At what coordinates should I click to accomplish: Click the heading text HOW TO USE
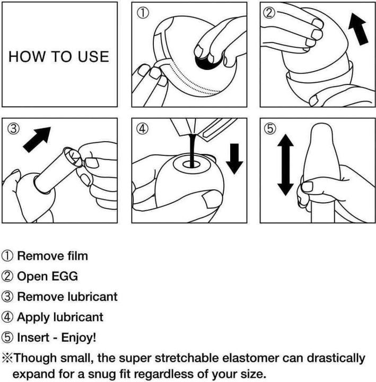click(59, 57)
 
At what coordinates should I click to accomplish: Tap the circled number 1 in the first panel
click(143, 13)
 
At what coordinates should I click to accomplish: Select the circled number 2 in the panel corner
click(269, 12)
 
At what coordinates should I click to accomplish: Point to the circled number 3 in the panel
click(13, 128)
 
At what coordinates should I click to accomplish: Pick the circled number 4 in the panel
click(143, 128)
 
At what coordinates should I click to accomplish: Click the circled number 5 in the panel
click(270, 128)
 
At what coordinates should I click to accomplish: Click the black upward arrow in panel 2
click(358, 29)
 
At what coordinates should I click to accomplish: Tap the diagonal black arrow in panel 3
click(37, 140)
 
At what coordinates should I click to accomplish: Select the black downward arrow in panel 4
click(234, 159)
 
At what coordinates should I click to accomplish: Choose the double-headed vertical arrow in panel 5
click(285, 164)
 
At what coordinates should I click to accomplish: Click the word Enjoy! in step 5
click(78, 337)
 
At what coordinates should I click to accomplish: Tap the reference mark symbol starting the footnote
click(7, 358)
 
